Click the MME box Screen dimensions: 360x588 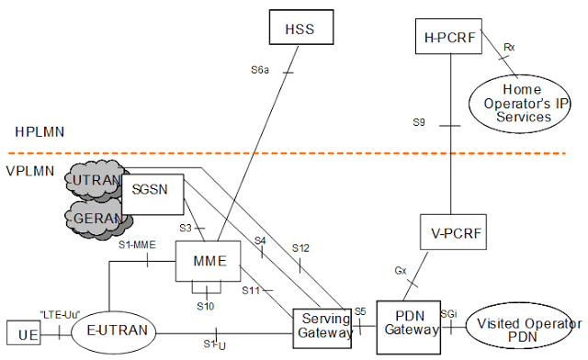[x=209, y=261]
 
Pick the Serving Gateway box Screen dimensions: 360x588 [x=324, y=327]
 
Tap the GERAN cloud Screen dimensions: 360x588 [x=96, y=219]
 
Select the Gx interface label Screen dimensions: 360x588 [x=401, y=272]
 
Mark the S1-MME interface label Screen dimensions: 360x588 [x=135, y=244]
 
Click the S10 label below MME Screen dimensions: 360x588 [x=209, y=304]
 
